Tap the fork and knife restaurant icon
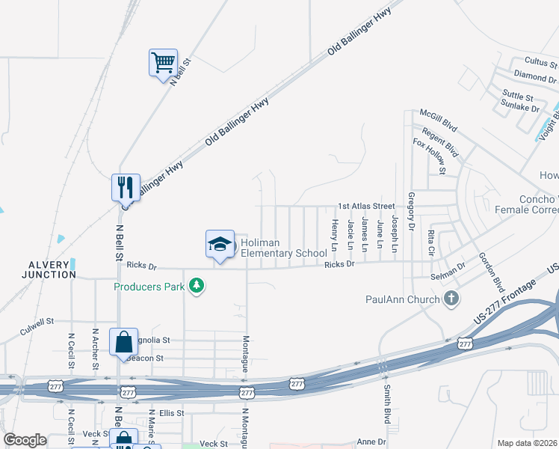tap(125, 186)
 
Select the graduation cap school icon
tap(220, 243)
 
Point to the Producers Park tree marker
tap(197, 286)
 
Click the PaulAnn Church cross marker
tap(451, 300)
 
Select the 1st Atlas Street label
tap(365, 206)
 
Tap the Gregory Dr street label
tap(411, 211)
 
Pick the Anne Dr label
tap(370, 442)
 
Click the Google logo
tap(24, 441)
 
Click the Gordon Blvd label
tap(490, 272)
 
